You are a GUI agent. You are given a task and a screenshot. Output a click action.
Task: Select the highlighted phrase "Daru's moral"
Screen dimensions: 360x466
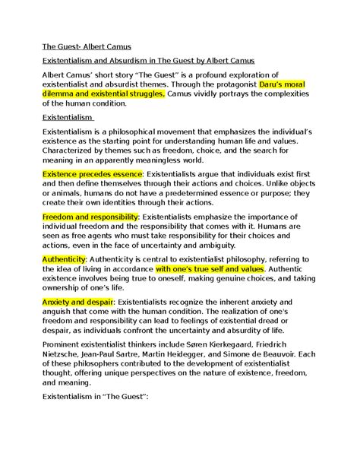pos(267,86)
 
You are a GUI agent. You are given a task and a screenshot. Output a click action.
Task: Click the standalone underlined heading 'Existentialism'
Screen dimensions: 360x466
pos(68,116)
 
